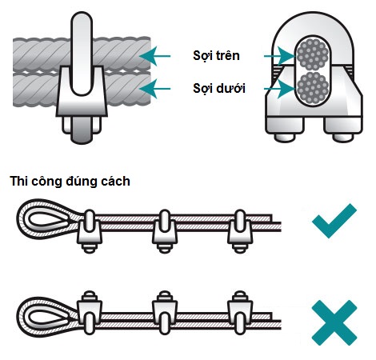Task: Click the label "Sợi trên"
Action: click(x=216, y=56)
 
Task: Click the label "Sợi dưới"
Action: click(x=219, y=88)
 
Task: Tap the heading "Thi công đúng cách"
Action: click(x=70, y=182)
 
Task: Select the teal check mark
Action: click(x=334, y=221)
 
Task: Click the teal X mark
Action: click(x=334, y=322)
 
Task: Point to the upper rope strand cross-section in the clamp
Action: click(x=312, y=54)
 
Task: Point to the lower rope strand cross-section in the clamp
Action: click(x=312, y=88)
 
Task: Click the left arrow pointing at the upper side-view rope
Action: click(x=154, y=56)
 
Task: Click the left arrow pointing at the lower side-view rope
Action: click(x=154, y=89)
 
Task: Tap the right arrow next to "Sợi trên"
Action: click(x=279, y=56)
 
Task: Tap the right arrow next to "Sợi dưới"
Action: click(x=279, y=89)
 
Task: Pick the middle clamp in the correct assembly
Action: click(x=165, y=231)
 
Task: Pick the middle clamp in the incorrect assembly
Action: click(x=165, y=312)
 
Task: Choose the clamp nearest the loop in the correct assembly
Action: click(x=90, y=231)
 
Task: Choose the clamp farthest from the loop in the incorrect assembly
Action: click(x=240, y=312)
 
